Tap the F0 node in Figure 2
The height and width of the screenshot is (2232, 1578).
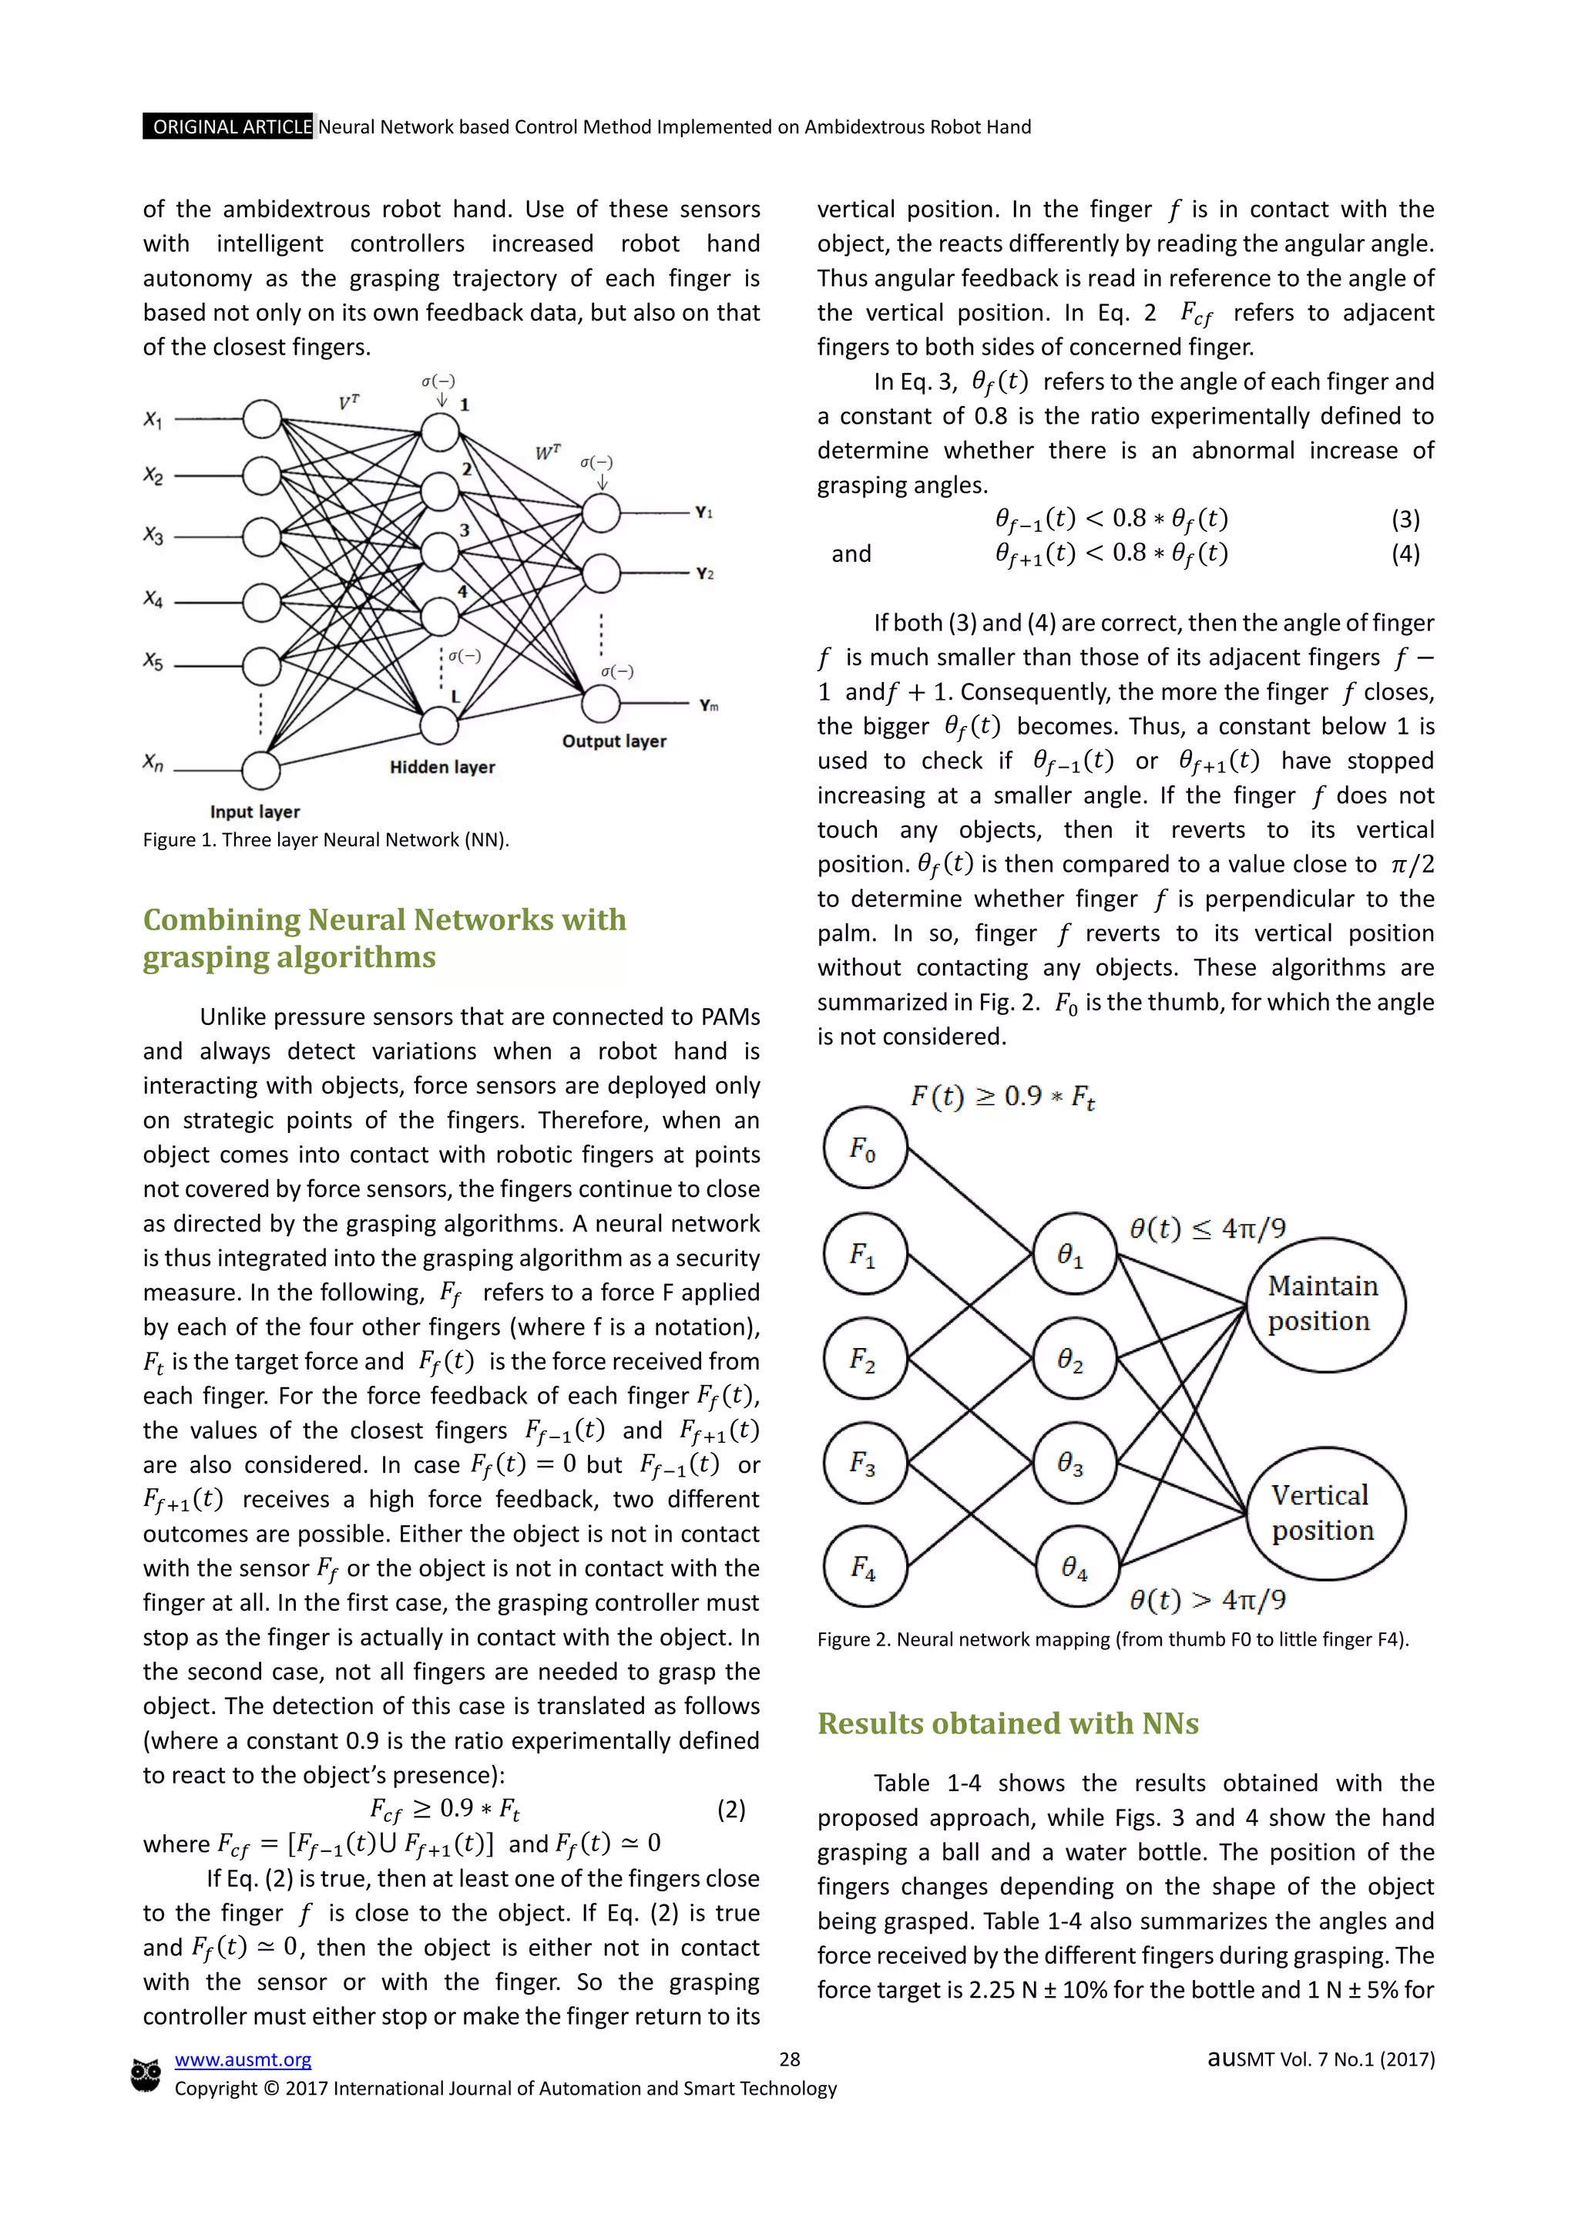(865, 1148)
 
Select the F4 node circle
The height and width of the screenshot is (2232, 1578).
(865, 1566)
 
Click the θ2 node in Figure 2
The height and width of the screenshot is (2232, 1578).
(1073, 1358)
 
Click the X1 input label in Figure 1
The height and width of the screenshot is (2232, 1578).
(153, 419)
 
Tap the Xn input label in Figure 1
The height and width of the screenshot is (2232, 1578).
(153, 762)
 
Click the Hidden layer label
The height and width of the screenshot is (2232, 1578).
(442, 767)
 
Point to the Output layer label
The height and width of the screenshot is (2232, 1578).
(614, 741)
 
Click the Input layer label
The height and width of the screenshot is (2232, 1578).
(254, 812)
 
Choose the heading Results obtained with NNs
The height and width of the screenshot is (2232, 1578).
(1008, 1723)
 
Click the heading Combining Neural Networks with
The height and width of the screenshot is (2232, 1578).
(384, 919)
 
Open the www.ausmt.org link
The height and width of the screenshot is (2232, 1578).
(243, 2059)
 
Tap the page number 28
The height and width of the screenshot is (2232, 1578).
(789, 2059)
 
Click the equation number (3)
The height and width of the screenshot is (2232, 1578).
(1405, 519)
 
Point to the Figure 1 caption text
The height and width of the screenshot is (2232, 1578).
(325, 840)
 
